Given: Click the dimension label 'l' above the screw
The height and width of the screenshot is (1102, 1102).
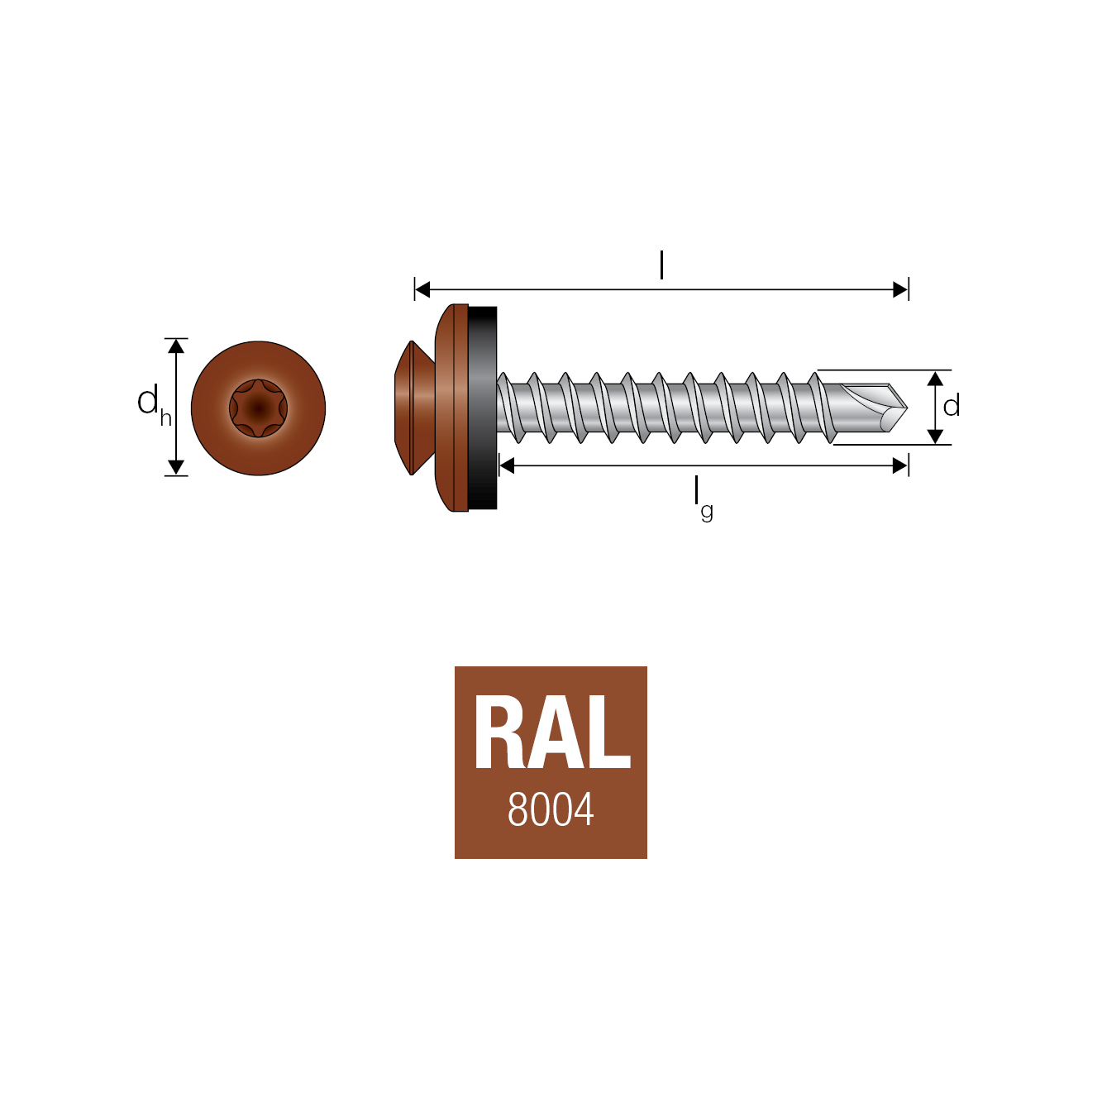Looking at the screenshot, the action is (x=661, y=265).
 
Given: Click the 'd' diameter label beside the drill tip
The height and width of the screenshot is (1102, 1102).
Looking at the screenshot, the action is (x=951, y=407).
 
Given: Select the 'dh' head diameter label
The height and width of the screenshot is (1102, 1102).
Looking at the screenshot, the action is (x=154, y=405).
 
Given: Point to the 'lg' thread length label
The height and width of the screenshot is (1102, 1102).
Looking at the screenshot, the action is (x=704, y=499).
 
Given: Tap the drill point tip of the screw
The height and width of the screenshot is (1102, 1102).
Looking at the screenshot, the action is (x=906, y=408).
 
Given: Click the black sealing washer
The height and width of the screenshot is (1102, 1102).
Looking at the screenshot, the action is (x=482, y=408).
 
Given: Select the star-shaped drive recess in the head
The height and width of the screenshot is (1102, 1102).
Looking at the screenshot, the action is (x=259, y=408).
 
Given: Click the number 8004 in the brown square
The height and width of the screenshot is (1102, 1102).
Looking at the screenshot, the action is (x=551, y=809).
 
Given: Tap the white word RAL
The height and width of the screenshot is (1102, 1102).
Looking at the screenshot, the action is (x=552, y=732).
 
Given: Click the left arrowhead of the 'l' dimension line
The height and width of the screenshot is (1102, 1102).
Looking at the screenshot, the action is (x=422, y=290).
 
